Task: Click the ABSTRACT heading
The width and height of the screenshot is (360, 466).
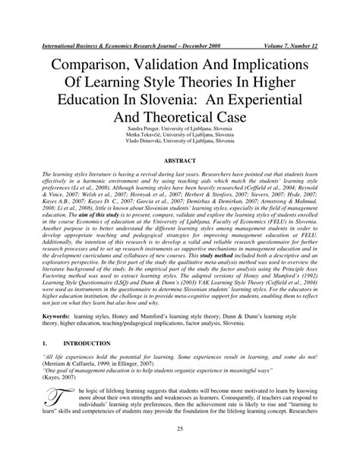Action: (180, 160)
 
